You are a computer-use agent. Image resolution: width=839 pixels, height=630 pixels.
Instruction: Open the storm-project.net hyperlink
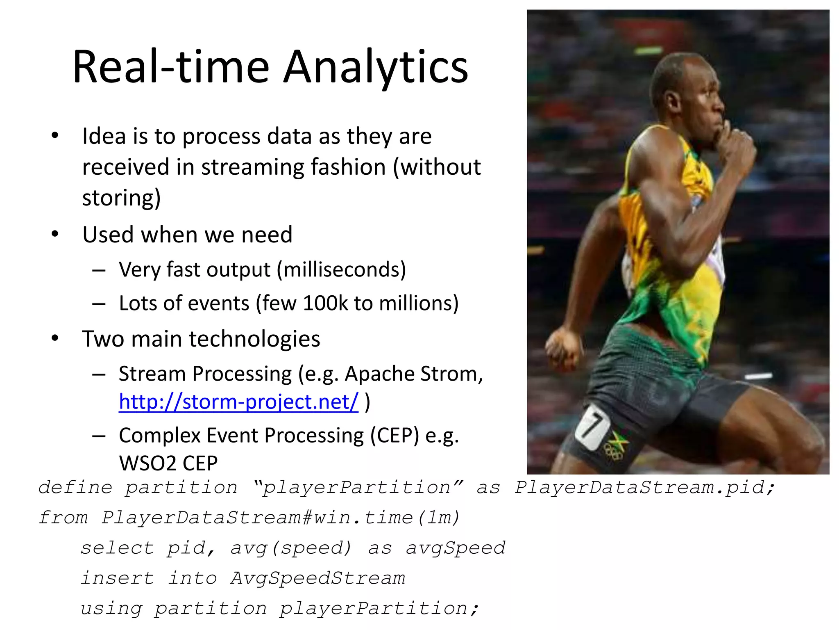click(238, 402)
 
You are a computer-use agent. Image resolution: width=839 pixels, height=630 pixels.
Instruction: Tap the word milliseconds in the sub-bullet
click(341, 269)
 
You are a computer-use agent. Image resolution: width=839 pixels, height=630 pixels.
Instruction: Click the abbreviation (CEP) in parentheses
click(395, 435)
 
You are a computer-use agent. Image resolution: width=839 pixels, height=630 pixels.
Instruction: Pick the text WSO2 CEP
click(168, 463)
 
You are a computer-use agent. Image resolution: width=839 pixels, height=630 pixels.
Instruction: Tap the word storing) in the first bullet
click(121, 198)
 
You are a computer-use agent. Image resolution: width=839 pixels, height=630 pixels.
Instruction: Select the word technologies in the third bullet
click(254, 339)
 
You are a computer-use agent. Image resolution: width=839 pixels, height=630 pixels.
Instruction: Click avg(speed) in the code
click(290, 548)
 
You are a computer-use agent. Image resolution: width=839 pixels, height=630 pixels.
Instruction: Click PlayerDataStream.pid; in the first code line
click(645, 487)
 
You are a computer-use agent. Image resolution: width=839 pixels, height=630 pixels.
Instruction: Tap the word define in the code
click(75, 487)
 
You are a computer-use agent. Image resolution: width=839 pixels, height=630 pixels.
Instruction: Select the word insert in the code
click(117, 578)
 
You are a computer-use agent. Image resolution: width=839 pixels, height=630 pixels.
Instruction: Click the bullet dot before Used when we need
click(55, 234)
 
